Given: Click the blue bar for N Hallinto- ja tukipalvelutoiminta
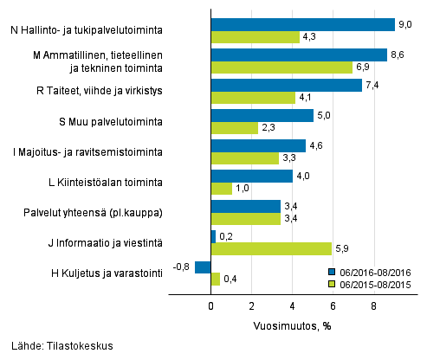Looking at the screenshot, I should click(x=302, y=24).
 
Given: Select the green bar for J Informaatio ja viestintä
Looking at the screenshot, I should click(x=271, y=249).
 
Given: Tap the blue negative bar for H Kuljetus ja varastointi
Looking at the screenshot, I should click(x=203, y=267).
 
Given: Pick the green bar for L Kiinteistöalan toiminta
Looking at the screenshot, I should click(x=221, y=189).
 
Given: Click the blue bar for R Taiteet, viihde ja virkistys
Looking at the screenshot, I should click(x=286, y=85).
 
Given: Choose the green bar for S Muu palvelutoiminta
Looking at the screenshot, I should click(x=234, y=128).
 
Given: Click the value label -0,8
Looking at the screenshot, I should click(x=183, y=267).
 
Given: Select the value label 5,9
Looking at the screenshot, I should click(x=342, y=249).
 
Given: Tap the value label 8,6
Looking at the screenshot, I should click(x=398, y=54).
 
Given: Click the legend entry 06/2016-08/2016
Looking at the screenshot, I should click(x=369, y=271).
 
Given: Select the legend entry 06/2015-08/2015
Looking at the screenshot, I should click(x=369, y=283).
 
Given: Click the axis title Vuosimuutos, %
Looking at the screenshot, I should click(x=292, y=325).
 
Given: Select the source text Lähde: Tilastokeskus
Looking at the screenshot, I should click(x=58, y=346).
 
